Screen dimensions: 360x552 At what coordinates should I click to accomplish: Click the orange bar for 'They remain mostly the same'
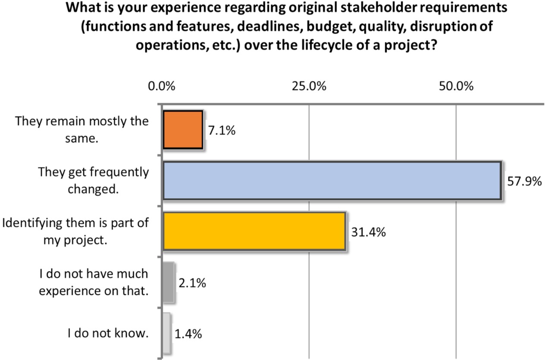(182, 130)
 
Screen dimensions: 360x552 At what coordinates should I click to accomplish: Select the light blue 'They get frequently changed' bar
(332, 181)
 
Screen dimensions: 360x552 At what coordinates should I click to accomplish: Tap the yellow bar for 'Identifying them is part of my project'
(254, 231)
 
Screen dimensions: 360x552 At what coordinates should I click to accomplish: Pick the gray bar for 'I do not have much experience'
(169, 282)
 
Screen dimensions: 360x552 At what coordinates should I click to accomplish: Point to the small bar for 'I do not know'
(166, 332)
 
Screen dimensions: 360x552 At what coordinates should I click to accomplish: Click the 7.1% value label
(222, 131)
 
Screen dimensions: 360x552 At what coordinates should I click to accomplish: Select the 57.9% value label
(523, 182)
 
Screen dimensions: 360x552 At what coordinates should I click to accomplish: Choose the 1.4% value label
(188, 334)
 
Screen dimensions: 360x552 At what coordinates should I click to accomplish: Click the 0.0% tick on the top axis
(162, 86)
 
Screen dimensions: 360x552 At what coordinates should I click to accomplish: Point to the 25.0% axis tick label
(309, 86)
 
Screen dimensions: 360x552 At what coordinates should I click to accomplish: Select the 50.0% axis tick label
(456, 86)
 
